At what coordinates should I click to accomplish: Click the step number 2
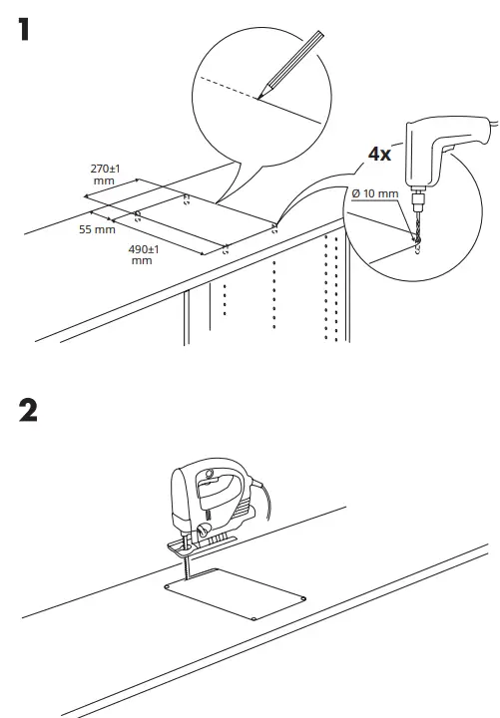29,409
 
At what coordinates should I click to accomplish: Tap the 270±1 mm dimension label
105,175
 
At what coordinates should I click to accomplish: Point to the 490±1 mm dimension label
146,253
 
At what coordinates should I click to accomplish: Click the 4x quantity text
379,154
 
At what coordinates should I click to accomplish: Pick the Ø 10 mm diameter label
375,192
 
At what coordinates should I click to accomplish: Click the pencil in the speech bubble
292,64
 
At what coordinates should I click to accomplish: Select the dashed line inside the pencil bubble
229,88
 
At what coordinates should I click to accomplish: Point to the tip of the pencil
258,98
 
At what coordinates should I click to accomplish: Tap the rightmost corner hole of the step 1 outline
275,226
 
